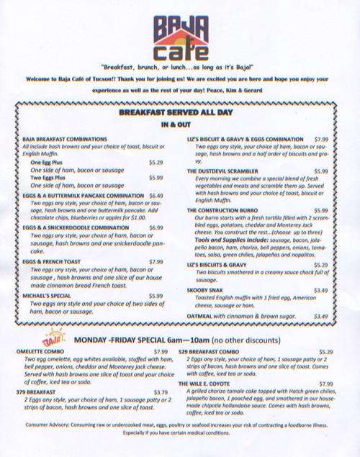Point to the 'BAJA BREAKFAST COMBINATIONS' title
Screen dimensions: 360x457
tap(65, 138)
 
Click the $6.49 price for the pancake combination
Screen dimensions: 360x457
tap(156, 195)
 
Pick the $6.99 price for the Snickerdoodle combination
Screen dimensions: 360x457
tap(156, 228)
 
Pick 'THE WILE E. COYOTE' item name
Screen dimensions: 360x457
tap(214, 384)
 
